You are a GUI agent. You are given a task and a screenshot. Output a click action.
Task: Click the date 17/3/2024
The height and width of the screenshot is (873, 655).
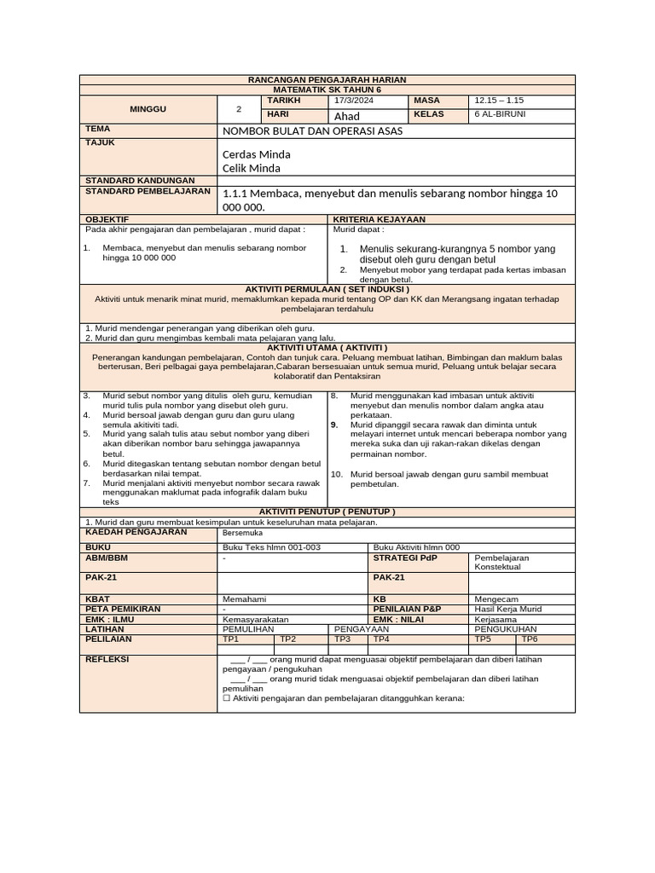[354, 101]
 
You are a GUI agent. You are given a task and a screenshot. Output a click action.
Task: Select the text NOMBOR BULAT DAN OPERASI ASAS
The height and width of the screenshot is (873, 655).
[312, 131]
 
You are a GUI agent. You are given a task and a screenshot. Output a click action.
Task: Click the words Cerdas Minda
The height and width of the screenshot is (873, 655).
[256, 154]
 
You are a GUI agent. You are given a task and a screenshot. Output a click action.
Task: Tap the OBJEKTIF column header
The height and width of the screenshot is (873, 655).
[107, 219]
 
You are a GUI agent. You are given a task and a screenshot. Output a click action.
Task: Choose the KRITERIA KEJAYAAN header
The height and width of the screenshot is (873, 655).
[379, 219]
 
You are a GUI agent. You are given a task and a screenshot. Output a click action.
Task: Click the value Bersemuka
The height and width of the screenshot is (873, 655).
[242, 532]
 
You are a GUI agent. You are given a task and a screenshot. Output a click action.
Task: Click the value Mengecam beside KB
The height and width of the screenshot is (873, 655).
[496, 598]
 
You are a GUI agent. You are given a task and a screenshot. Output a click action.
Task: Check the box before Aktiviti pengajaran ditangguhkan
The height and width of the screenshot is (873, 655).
[226, 697]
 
